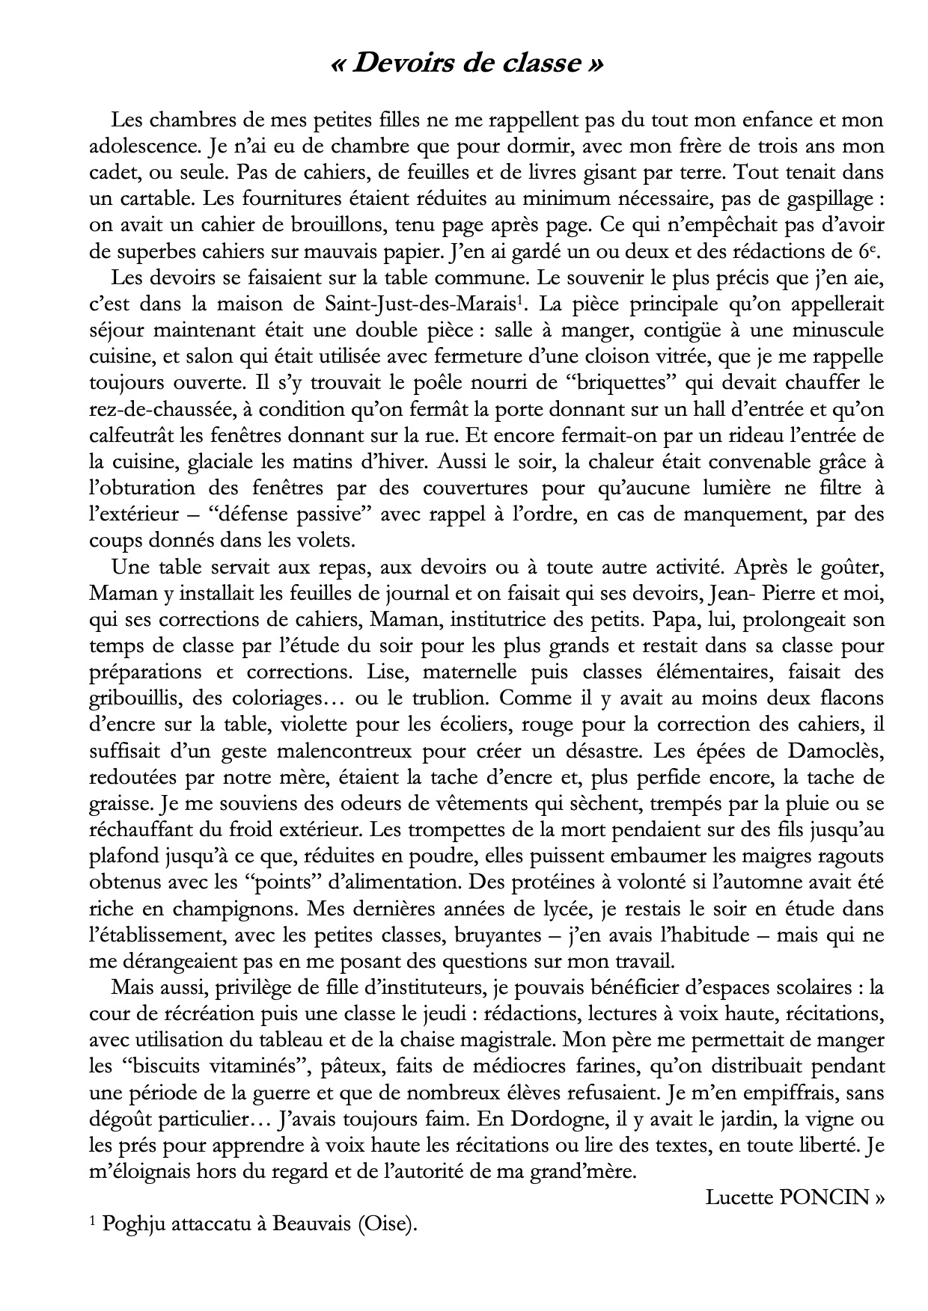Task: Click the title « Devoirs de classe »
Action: (x=466, y=64)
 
